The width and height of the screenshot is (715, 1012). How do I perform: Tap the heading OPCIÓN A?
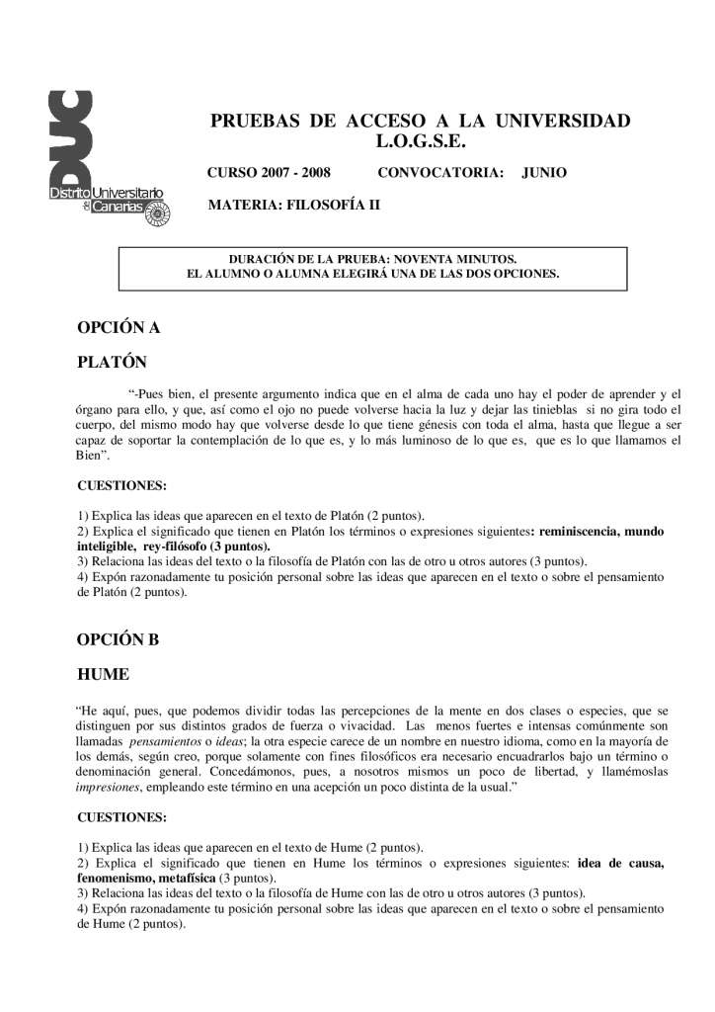pyautogui.click(x=119, y=327)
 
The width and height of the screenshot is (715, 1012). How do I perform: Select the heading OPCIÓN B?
pyautogui.click(x=118, y=639)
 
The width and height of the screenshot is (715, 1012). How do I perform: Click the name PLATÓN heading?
pyautogui.click(x=112, y=362)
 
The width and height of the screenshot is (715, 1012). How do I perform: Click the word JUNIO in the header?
pyautogui.click(x=544, y=173)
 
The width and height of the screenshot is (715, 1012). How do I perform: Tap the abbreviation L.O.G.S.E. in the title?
pyautogui.click(x=420, y=141)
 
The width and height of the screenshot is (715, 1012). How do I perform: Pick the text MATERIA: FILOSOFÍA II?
pyautogui.click(x=292, y=206)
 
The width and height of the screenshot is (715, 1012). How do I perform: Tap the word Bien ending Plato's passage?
pyautogui.click(x=92, y=458)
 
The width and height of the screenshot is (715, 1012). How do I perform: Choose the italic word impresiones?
pyautogui.click(x=108, y=788)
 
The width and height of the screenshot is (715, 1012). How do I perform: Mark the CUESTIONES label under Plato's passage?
pyautogui.click(x=121, y=486)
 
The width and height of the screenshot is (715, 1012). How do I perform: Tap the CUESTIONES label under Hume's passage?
pyautogui.click(x=121, y=818)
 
